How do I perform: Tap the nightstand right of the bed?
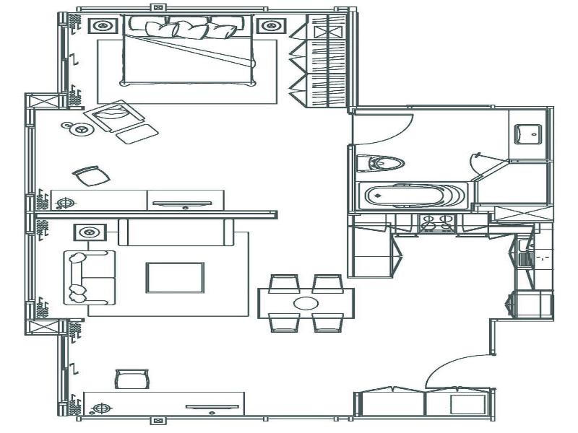point(271,27)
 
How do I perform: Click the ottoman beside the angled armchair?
point(136,134)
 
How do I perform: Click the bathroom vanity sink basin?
point(530,133)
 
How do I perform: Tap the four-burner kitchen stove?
point(438,224)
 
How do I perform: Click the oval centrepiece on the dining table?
point(306,303)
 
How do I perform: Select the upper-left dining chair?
point(284,282)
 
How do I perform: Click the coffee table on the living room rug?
point(175,278)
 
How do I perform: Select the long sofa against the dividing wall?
point(176,231)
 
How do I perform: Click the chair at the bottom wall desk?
point(132,379)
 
